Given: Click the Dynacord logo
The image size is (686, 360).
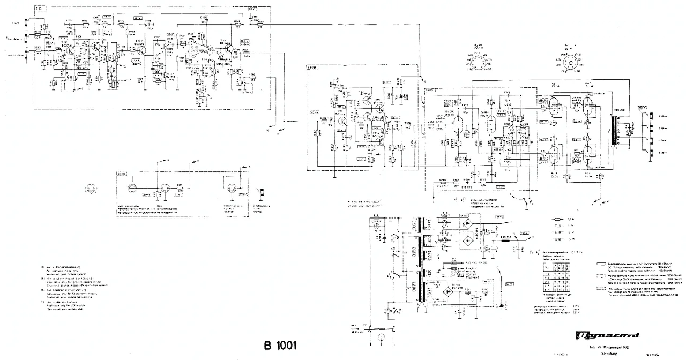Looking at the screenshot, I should tap(608, 336).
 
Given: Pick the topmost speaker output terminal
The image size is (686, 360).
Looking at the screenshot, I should tap(651, 115).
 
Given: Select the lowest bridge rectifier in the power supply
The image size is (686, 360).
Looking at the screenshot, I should tap(448, 292).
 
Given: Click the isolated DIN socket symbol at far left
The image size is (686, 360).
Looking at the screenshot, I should tap(90, 189).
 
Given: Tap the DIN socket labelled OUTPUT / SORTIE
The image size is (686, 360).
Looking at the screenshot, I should tap(232, 189).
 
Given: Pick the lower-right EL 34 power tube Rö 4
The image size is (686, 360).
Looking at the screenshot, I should tap(588, 156).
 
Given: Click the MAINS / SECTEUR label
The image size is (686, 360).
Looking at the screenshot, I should tap(354, 328).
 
